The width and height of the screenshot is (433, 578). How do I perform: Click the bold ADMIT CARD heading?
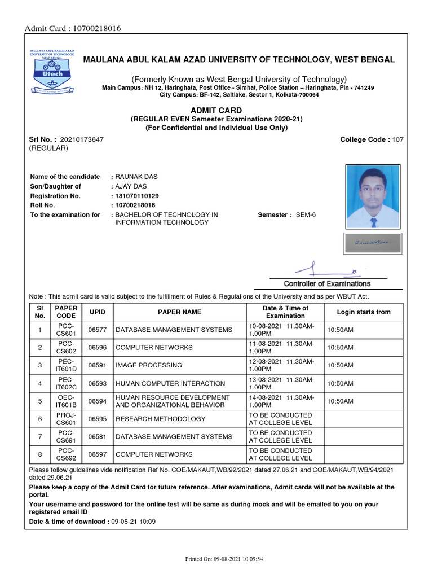click(x=216, y=111)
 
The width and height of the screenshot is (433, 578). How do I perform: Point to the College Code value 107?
click(x=397, y=139)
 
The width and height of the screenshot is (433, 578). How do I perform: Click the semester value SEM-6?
click(x=309, y=215)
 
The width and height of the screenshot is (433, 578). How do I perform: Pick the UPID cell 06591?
click(x=97, y=365)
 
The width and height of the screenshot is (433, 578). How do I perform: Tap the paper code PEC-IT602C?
click(x=66, y=383)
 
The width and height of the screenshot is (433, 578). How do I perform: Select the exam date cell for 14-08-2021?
click(x=285, y=401)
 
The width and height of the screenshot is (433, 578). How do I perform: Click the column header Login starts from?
click(x=363, y=312)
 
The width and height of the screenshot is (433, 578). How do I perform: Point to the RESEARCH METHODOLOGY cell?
click(x=161, y=419)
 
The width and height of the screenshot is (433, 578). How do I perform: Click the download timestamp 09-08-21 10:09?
click(x=133, y=522)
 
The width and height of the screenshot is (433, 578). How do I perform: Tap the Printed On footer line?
click(x=224, y=559)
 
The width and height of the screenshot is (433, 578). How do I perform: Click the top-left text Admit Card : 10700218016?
click(x=72, y=29)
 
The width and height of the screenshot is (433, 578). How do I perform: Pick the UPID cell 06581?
click(x=97, y=436)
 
